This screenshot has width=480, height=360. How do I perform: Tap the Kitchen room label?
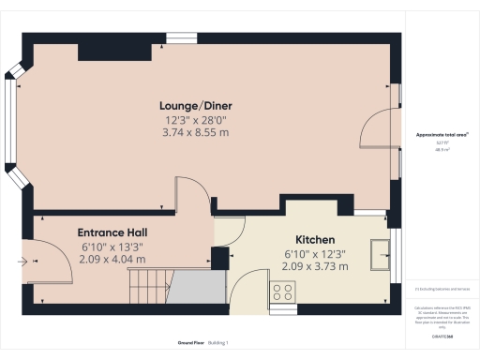[x=315, y=239]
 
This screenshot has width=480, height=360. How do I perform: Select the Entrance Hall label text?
[x=112, y=232]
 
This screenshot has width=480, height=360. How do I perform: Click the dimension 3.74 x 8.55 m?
[x=196, y=133]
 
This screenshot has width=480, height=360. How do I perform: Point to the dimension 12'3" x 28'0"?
[x=196, y=121]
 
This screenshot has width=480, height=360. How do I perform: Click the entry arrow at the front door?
[x=22, y=262]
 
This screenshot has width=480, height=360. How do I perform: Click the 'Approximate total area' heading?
[x=442, y=135]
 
